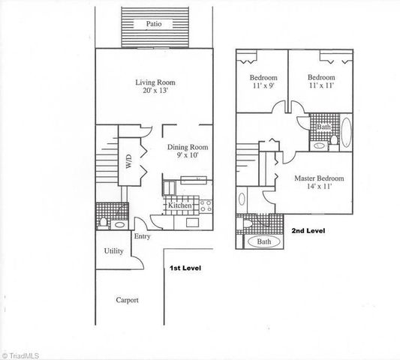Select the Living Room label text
(x=155, y=82)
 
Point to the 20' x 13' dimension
(x=155, y=91)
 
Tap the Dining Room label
(x=188, y=148)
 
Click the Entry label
(x=143, y=237)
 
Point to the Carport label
(x=127, y=300)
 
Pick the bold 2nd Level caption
(x=308, y=231)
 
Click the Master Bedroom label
(x=320, y=178)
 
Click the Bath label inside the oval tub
(x=264, y=243)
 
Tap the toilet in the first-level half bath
(x=103, y=223)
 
